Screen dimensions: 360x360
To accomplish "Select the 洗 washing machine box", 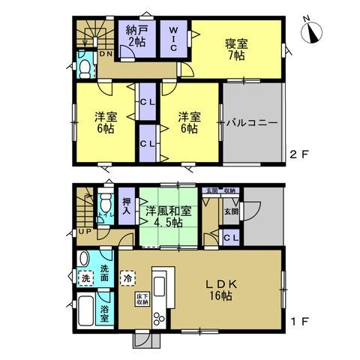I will coord(85,278).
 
